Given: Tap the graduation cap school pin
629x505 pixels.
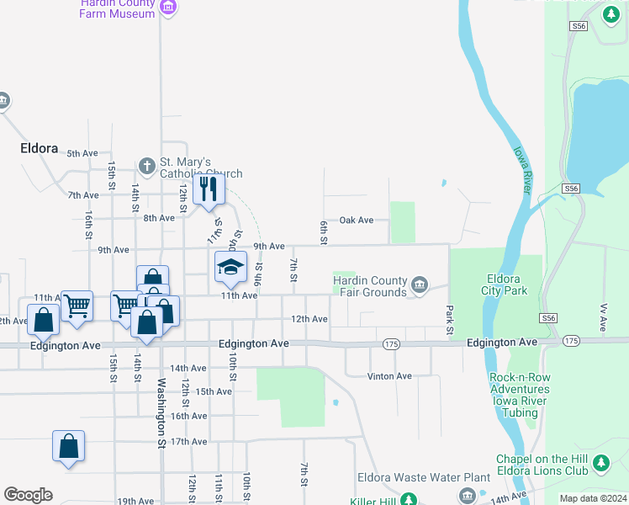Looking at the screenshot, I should coord(230,266).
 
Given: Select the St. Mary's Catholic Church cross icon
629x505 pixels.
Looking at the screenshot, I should coord(146,165).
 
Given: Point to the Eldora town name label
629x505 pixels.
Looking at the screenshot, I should coord(39,148).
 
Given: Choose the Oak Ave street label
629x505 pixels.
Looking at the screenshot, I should coord(356,221).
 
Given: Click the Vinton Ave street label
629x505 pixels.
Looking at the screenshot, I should coord(389,376).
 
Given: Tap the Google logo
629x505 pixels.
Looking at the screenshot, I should coord(28,494).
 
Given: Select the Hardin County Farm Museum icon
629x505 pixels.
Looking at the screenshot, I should coord(168,8).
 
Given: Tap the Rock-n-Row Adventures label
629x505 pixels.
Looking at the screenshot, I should coord(520,389).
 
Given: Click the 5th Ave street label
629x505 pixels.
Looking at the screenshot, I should coord(82,153).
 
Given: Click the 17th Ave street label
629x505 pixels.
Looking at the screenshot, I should coord(188,441).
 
